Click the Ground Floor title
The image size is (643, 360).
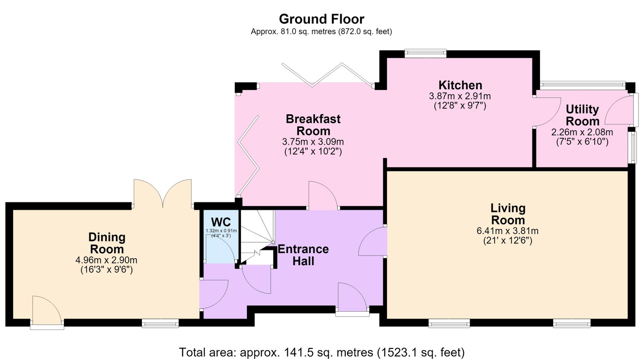click(322, 19)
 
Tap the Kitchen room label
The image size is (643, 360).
click(460, 85)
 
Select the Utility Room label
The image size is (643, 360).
click(582, 115)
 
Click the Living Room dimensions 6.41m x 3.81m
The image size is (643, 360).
click(507, 231)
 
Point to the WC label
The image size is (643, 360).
click(221, 222)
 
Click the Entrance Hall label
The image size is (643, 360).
click(303, 255)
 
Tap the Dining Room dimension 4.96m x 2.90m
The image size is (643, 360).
click(106, 260)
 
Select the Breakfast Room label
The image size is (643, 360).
click(313, 125)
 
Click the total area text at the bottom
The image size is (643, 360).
click(322, 352)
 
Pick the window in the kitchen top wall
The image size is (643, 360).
click(425, 53)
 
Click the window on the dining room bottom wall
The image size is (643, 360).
click(160, 323)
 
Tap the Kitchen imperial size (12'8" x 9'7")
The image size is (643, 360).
click(460, 106)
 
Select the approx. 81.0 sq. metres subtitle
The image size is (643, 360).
click(322, 32)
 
